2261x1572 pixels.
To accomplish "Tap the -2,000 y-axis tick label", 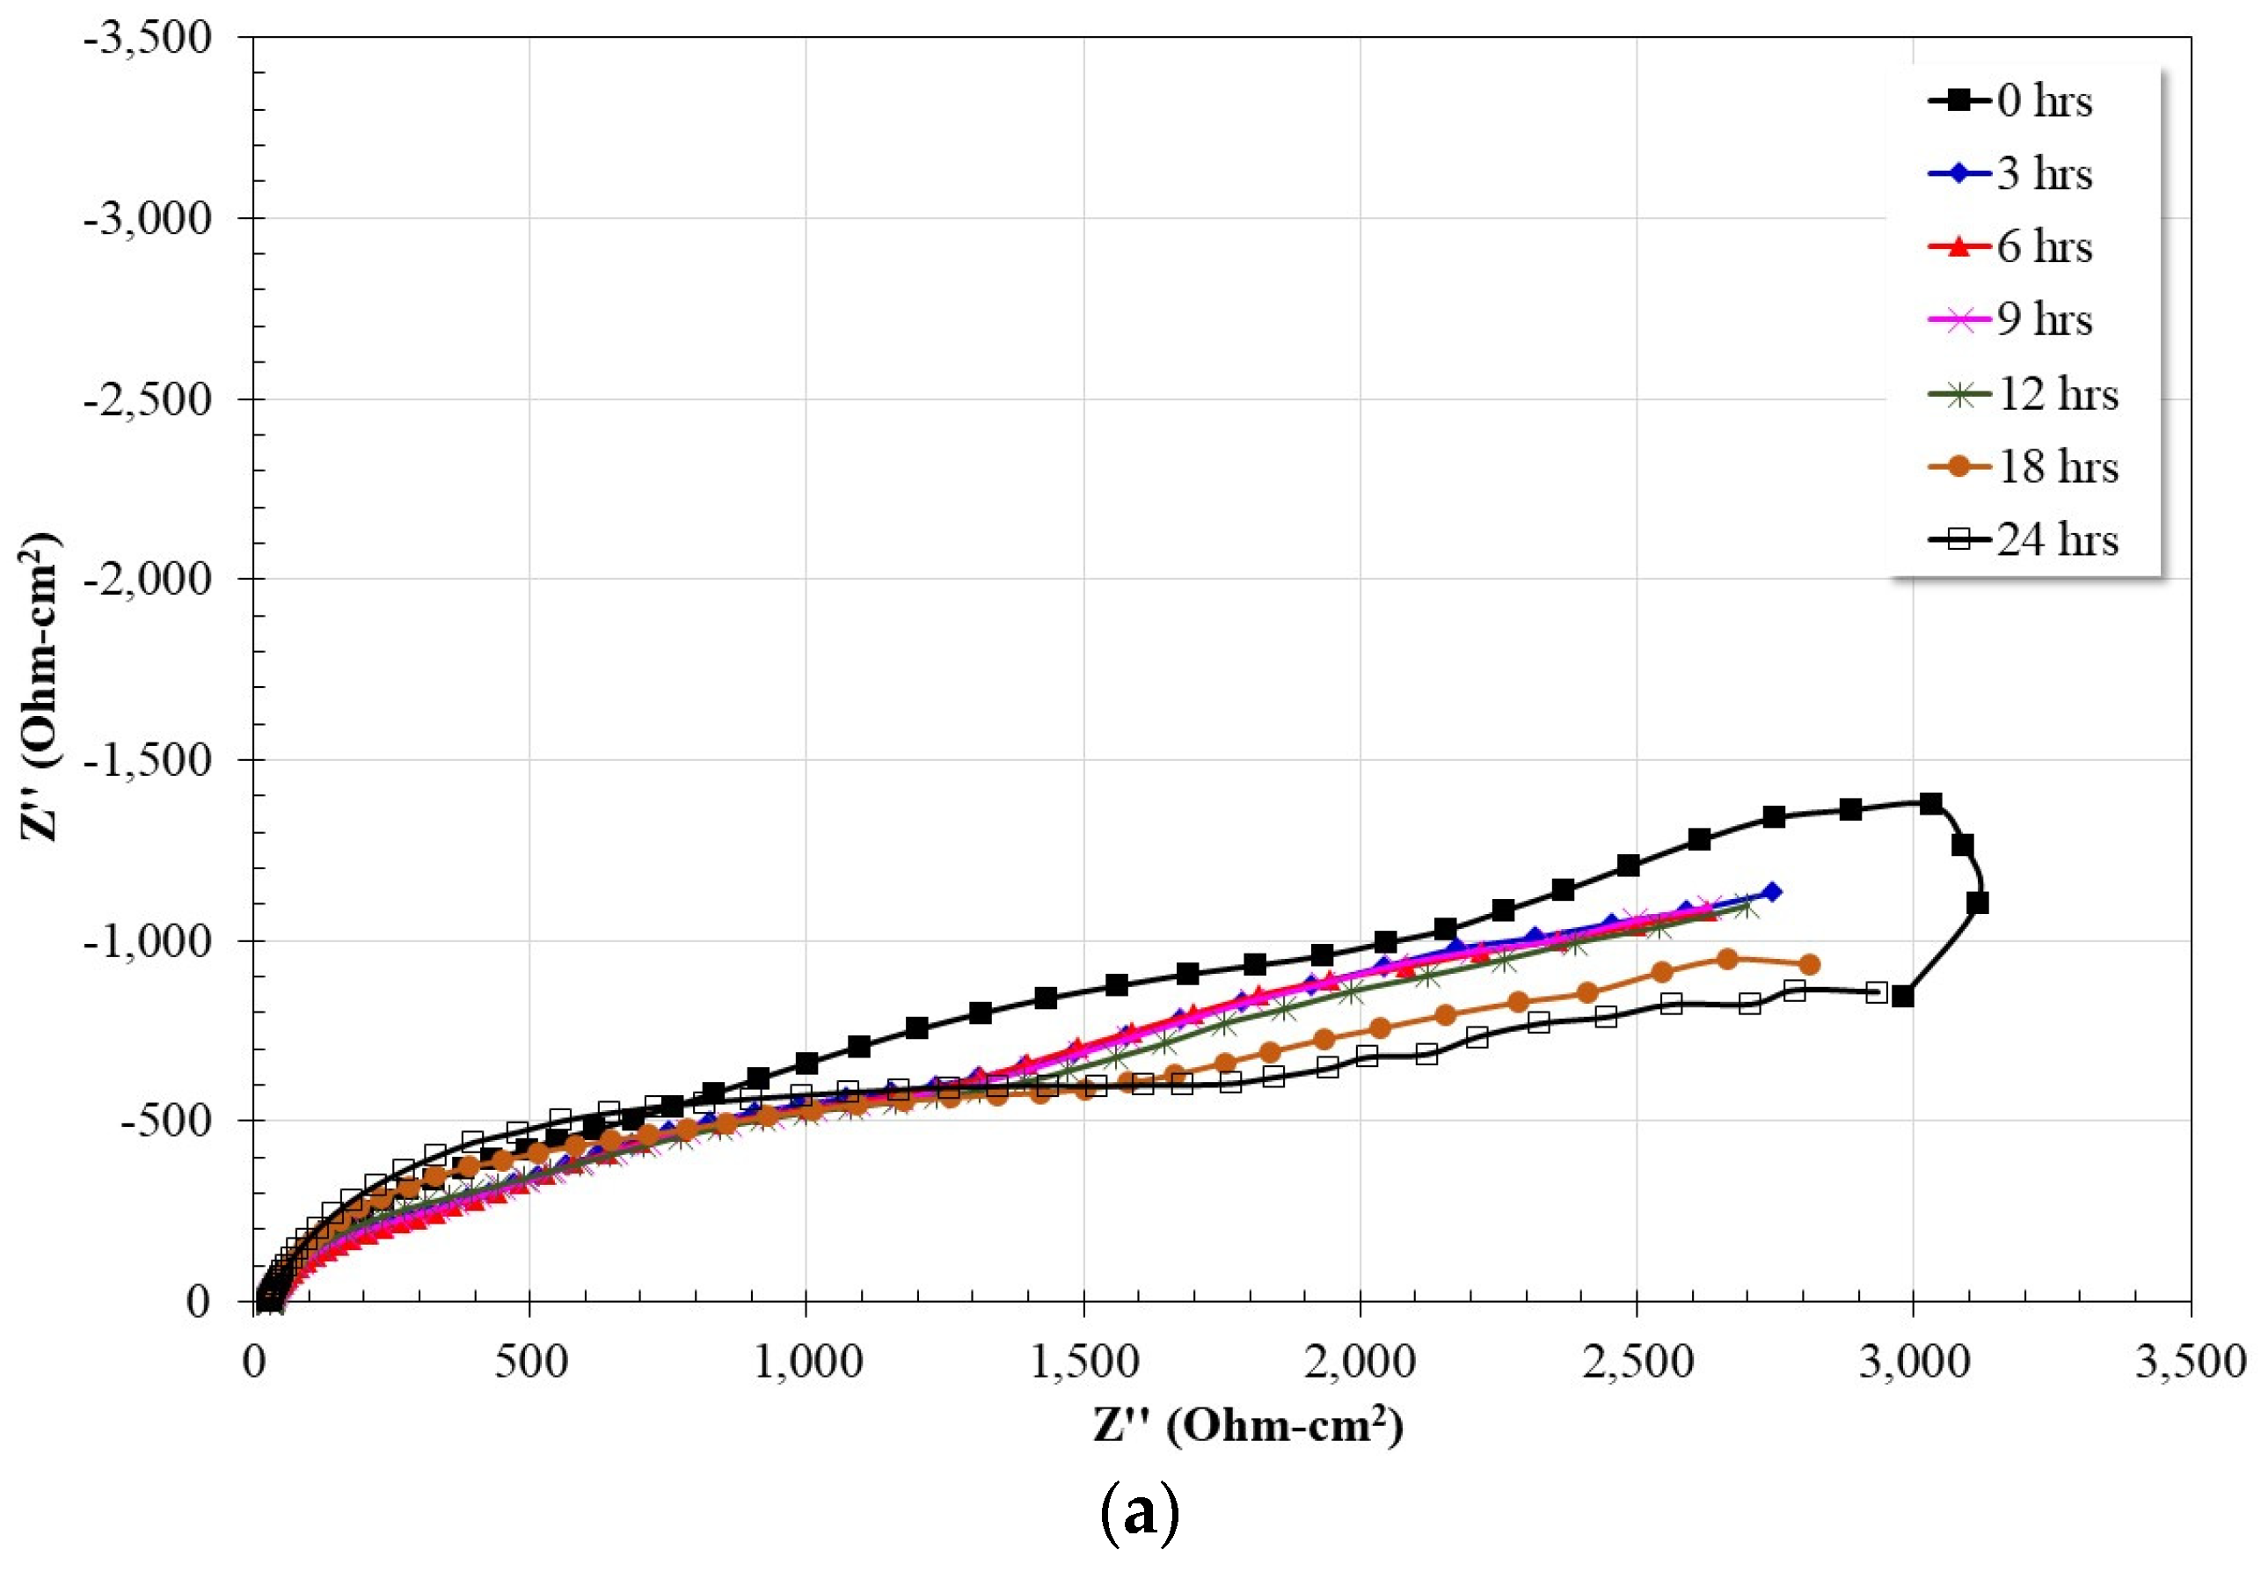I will (x=148, y=578).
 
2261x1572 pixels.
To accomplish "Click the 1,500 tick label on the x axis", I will (x=1083, y=1363).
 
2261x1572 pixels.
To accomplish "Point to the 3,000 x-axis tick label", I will (x=1914, y=1363).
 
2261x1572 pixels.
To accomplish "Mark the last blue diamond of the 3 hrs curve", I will (x=1771, y=892).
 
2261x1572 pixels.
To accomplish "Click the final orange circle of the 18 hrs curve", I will (x=1808, y=964).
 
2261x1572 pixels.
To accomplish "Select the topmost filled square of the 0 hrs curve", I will (x=1931, y=804).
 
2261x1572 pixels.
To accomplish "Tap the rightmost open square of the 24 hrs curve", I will (x=1876, y=992).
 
